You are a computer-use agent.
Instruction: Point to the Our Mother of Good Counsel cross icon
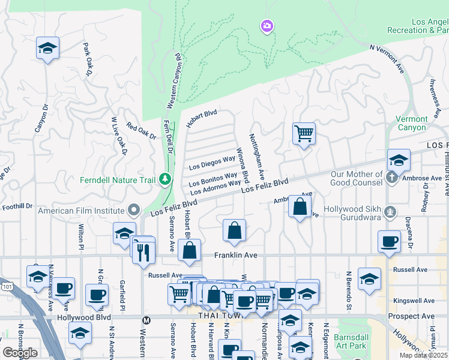coord(391,178)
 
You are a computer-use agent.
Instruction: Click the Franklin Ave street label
coord(236,256)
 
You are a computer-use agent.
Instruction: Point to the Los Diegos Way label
coord(211,163)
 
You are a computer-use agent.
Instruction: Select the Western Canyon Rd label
coord(172,81)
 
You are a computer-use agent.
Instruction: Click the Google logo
coord(20,353)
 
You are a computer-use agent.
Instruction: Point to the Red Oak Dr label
coord(141,131)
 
